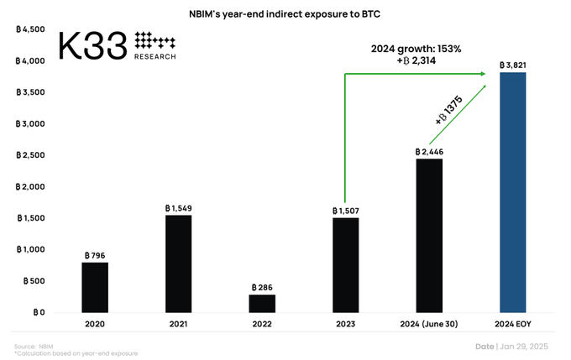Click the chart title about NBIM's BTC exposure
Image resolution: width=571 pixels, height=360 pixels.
[285, 13]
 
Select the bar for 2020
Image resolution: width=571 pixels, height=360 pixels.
[95, 288]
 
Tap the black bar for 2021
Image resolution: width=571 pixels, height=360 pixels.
[178, 263]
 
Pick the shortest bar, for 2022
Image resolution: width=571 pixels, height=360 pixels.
[262, 303]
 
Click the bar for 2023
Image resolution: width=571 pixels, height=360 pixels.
[345, 265]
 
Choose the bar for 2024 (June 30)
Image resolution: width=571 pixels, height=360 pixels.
[429, 236]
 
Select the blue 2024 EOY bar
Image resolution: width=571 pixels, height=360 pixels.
[513, 192]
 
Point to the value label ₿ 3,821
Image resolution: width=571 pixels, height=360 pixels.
[513, 65]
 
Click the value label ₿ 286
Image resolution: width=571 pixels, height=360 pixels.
[262, 287]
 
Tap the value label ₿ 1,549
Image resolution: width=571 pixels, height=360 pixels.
[178, 207]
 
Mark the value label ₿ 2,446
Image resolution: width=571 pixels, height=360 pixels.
[429, 152]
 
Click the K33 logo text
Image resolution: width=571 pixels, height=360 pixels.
[92, 46]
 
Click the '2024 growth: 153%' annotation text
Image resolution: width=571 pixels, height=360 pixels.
[416, 49]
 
